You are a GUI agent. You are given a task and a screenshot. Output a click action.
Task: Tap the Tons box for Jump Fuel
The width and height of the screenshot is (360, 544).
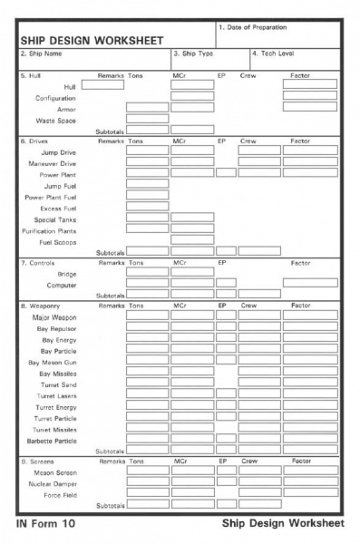[x=147, y=184]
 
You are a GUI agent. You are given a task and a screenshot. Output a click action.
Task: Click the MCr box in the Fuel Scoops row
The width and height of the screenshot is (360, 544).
[x=192, y=239]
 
